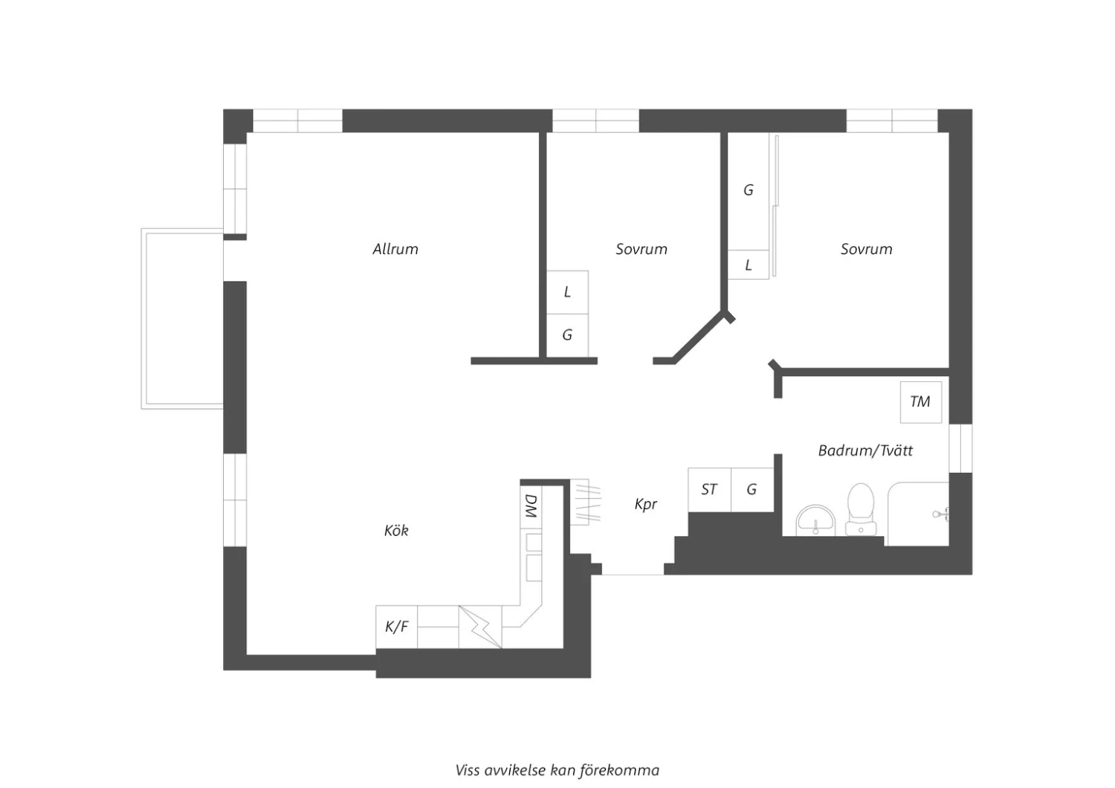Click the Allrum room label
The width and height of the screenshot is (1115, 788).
pos(395,249)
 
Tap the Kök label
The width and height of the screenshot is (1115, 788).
pos(396,530)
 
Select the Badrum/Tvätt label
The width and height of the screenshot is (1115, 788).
pos(865,450)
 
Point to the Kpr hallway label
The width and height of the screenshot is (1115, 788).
pos(646,505)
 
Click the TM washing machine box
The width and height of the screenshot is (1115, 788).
pos(921,402)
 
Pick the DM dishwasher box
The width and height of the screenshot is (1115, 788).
pos(531,507)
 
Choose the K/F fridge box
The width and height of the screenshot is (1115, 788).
pos(397,627)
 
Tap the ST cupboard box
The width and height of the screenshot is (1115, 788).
pos(709,490)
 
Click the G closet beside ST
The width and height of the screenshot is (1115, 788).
pos(752,490)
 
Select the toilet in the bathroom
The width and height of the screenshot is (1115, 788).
pos(861,509)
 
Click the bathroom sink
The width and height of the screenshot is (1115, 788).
pos(815,520)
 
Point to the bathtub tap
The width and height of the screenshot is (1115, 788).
pos(941,514)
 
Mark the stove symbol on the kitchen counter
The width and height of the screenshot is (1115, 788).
pos(480,627)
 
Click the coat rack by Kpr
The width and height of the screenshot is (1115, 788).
pos(586,503)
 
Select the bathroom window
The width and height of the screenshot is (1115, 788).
pos(960,448)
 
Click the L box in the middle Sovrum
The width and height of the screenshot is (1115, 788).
pos(567,292)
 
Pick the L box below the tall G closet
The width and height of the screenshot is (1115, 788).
pos(748,265)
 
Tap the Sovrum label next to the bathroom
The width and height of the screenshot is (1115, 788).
pos(866,249)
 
